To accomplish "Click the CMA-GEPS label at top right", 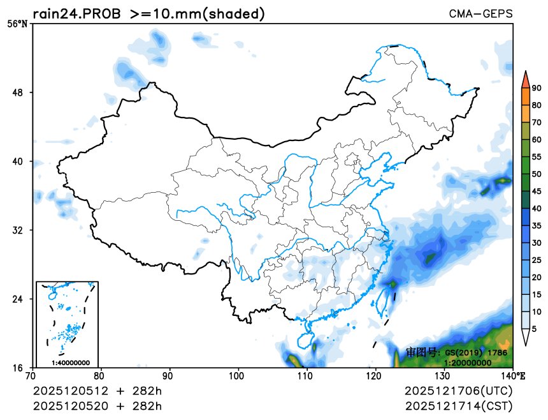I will pyautogui.click(x=480, y=13).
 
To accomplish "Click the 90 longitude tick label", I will pyautogui.click(x=169, y=376).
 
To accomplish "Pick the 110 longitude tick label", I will pyautogui.click(x=307, y=376).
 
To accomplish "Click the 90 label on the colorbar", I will pyautogui.click(x=537, y=88).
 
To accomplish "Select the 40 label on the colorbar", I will pyautogui.click(x=537, y=208).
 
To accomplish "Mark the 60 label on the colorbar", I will pyautogui.click(x=537, y=140).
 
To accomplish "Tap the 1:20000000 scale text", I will pyautogui.click(x=467, y=363).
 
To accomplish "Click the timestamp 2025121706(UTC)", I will pyautogui.click(x=458, y=390).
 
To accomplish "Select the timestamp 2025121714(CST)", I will pyautogui.click(x=458, y=405).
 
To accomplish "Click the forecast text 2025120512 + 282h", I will pyautogui.click(x=97, y=390).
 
